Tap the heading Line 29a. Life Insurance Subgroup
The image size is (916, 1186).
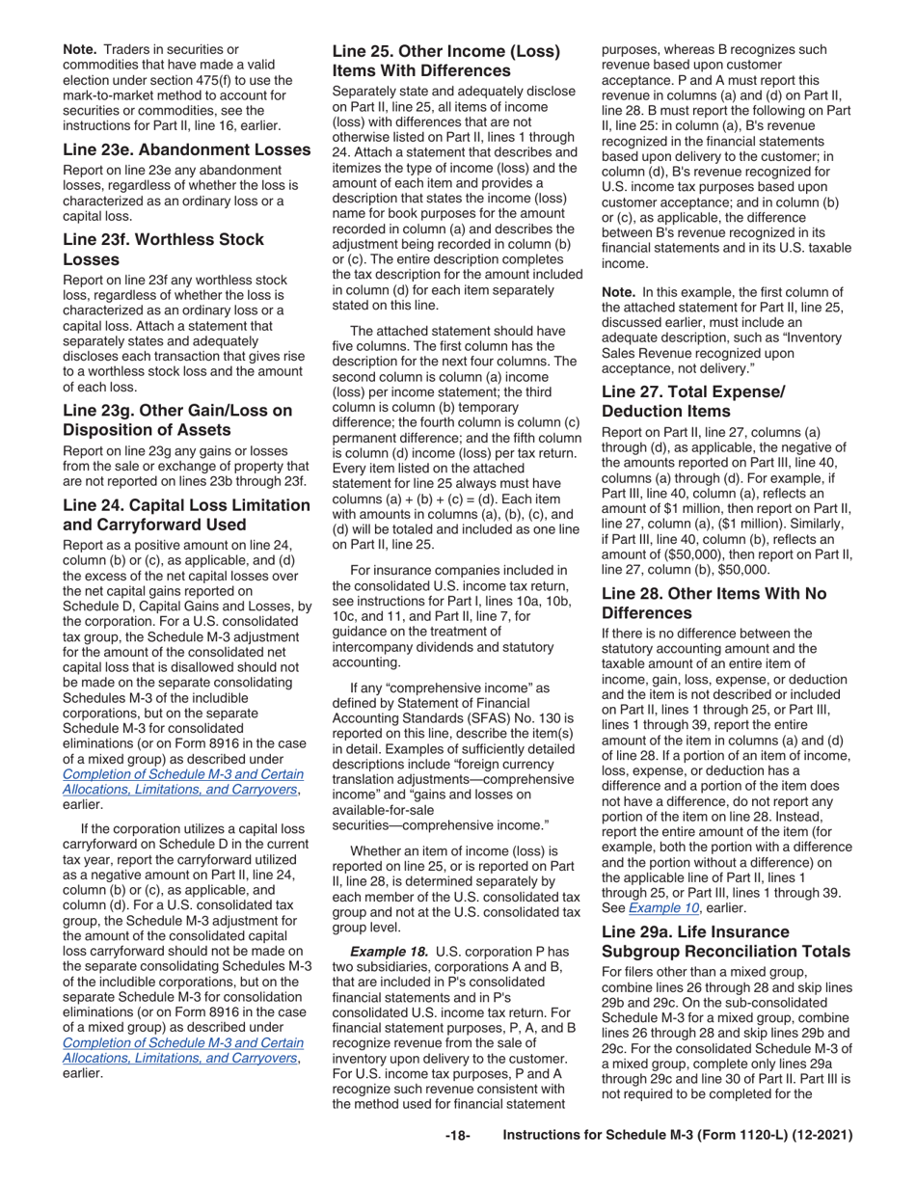point(724,942)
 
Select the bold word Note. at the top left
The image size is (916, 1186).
point(80,48)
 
